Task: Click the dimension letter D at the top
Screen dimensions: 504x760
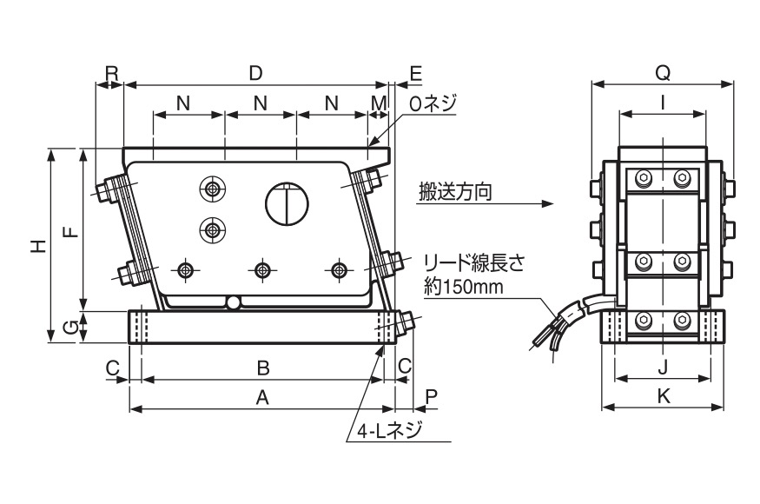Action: (x=255, y=73)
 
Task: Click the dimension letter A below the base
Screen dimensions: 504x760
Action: (x=261, y=397)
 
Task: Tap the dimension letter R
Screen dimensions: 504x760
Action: (x=111, y=73)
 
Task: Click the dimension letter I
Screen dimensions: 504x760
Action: (x=663, y=102)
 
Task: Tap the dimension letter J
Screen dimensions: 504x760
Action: (x=663, y=366)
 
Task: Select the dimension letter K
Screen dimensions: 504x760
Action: (x=663, y=396)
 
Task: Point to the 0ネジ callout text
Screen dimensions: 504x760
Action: (x=432, y=103)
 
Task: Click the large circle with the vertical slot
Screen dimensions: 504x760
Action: (x=287, y=204)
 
